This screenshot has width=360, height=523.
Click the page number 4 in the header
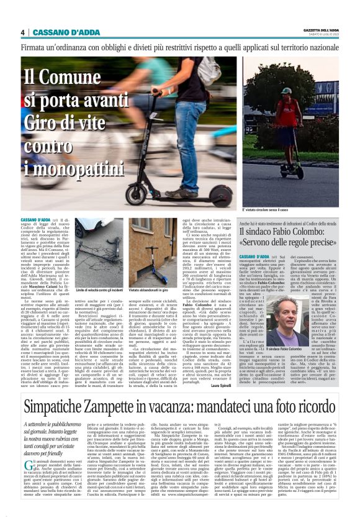23,32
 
